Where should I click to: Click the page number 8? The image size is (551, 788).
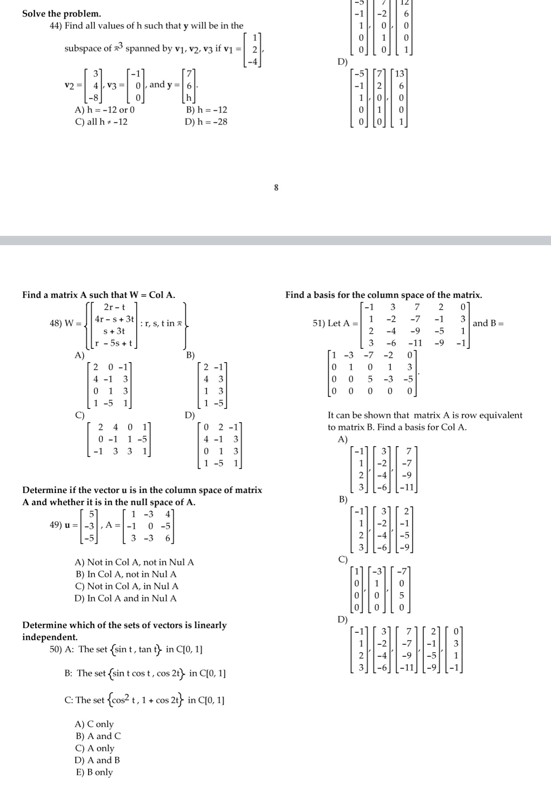(x=276, y=188)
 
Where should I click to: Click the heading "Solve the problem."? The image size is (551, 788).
(x=61, y=13)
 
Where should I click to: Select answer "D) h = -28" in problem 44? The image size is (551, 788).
(x=206, y=121)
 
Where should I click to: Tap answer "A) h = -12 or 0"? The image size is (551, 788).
(x=105, y=109)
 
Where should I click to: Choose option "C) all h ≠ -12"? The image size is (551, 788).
(x=101, y=121)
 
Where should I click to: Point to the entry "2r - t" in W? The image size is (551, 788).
(x=114, y=307)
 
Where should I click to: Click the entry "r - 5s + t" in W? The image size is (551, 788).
(x=114, y=343)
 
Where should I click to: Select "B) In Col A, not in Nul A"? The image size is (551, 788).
(x=126, y=574)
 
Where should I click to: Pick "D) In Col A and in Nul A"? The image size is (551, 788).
(x=126, y=598)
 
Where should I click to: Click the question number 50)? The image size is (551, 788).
(x=56, y=649)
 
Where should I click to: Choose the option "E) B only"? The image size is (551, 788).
(x=94, y=772)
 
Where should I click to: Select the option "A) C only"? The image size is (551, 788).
(x=94, y=724)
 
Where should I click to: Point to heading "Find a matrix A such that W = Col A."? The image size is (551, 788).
(x=99, y=295)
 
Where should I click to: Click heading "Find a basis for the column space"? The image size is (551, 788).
(x=383, y=295)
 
